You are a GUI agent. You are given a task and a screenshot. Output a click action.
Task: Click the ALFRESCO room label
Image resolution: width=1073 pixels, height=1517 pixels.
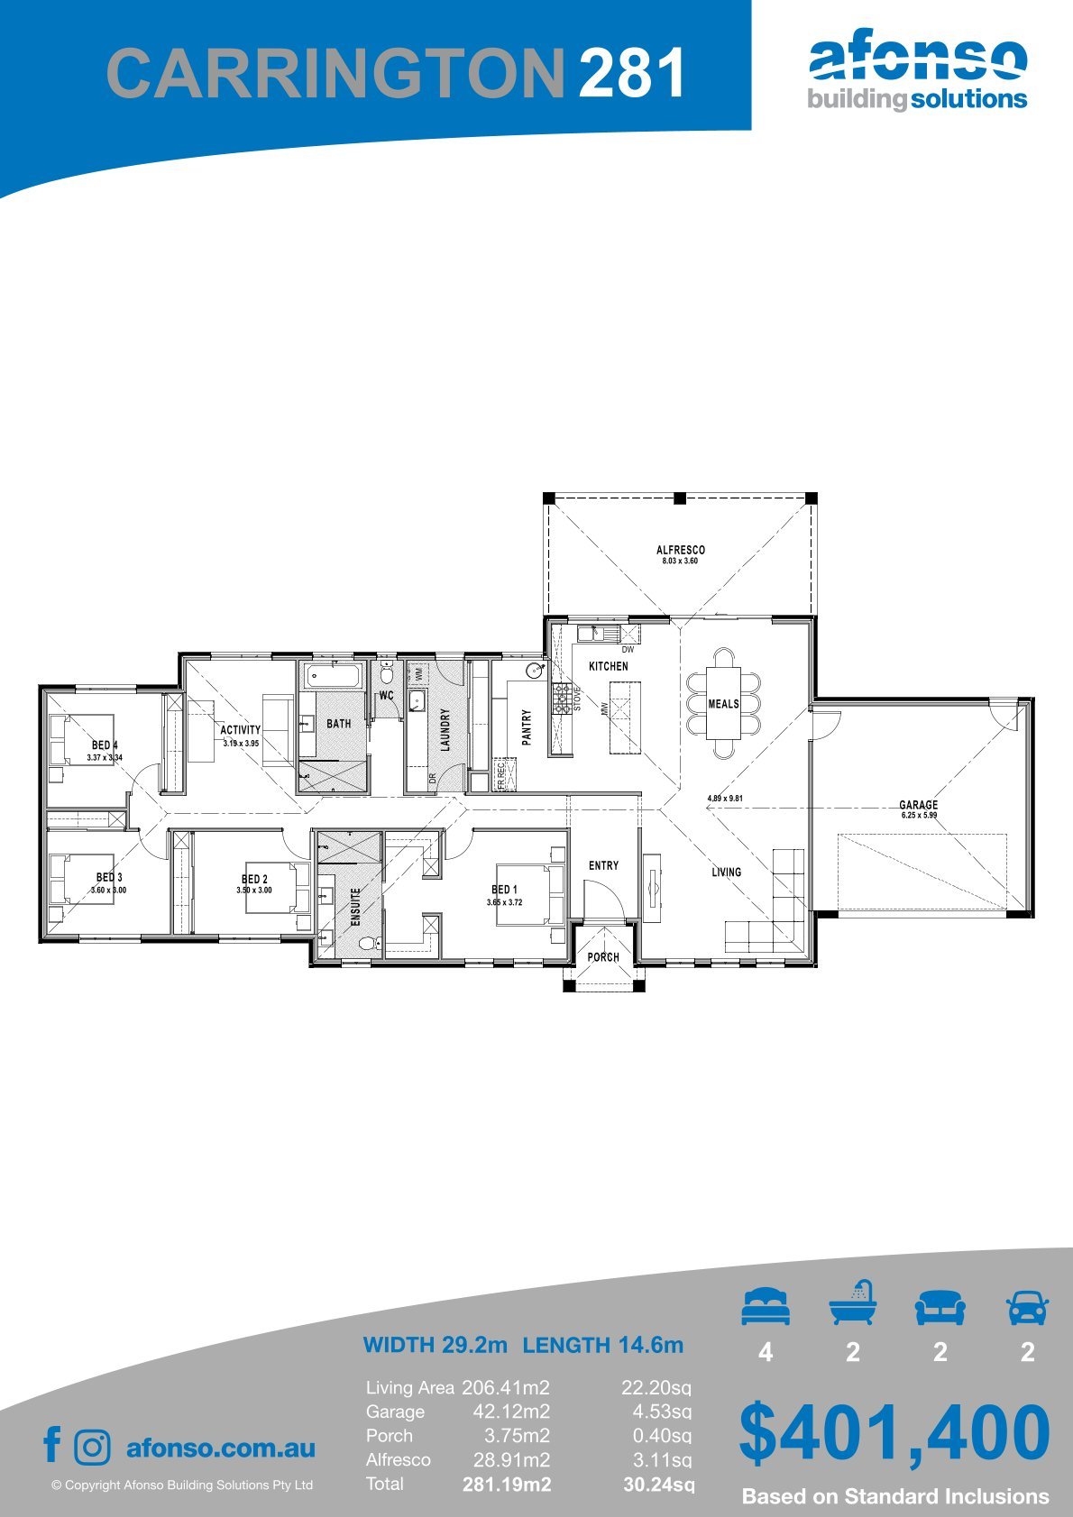click(680, 550)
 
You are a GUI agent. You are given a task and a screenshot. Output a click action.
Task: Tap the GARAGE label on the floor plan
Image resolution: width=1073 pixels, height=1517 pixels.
click(918, 805)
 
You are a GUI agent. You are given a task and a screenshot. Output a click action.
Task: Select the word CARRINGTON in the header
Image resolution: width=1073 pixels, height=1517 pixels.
click(335, 72)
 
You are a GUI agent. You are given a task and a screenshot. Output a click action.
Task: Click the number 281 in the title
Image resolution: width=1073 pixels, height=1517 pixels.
click(630, 72)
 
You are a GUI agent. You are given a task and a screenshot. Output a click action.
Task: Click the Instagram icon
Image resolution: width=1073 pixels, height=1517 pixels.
click(92, 1448)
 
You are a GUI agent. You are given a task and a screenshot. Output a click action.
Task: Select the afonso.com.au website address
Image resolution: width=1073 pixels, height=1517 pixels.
click(221, 1448)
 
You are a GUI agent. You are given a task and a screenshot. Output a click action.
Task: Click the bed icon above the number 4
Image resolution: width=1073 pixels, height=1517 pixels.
click(766, 1306)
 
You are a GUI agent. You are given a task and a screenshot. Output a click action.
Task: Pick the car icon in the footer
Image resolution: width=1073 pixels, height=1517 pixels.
click(1028, 1307)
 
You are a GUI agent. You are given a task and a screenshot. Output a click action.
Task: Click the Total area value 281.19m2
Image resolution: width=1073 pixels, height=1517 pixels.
click(507, 1485)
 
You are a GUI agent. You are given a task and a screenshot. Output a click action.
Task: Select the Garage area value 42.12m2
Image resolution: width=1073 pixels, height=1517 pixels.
click(511, 1412)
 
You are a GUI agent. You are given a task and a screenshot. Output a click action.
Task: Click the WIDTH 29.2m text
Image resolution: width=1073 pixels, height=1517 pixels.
click(435, 1344)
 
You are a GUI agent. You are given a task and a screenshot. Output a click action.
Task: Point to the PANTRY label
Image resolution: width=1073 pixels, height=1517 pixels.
click(527, 727)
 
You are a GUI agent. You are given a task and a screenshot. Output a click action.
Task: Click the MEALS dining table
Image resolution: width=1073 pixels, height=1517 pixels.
click(723, 703)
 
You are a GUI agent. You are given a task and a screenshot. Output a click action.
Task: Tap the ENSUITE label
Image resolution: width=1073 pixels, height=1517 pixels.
click(355, 907)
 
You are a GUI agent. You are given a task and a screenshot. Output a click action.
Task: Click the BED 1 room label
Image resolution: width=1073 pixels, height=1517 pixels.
click(505, 890)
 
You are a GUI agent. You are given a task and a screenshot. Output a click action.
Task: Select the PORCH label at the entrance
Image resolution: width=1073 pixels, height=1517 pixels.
click(603, 957)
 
